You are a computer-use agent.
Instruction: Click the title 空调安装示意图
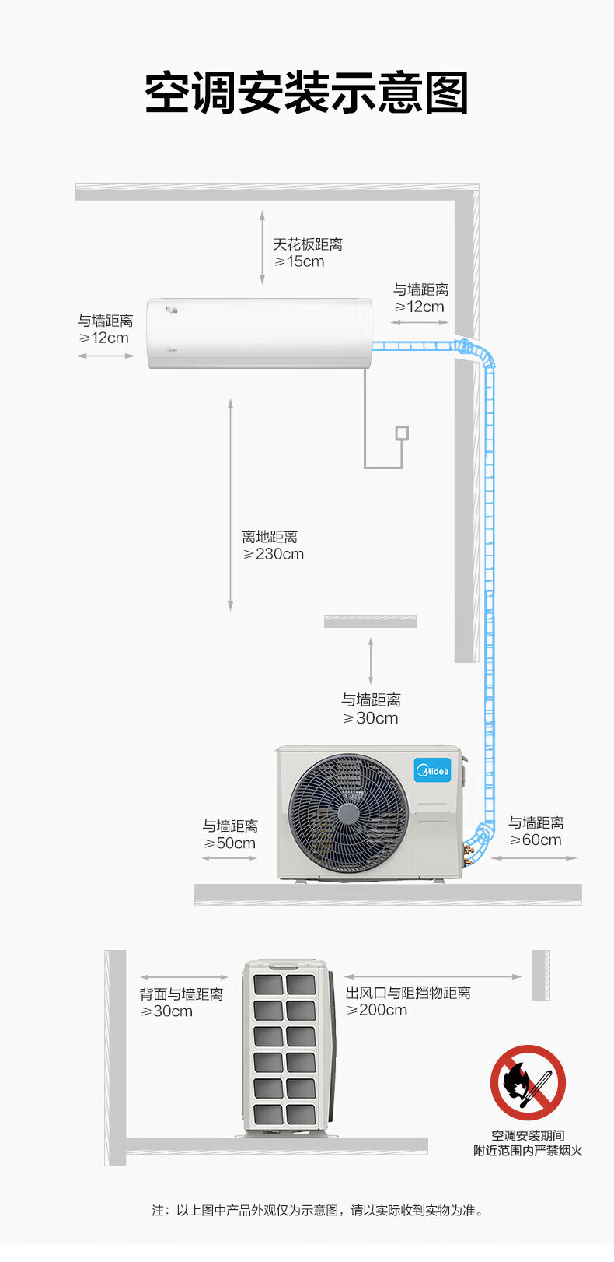307,93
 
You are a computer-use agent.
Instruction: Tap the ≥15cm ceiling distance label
299,261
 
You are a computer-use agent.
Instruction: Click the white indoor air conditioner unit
260,333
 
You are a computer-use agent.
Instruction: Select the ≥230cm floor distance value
274,554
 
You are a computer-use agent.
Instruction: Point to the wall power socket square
402,433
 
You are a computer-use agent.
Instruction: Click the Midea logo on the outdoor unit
432,770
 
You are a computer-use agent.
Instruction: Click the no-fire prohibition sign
527,1081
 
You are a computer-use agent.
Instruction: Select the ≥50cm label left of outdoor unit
229,843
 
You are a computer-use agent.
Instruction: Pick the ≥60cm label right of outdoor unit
536,840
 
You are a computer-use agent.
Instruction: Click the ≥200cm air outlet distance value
376,1010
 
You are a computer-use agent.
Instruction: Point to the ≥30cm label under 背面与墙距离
166,1011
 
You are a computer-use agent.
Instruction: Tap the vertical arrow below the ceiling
262,247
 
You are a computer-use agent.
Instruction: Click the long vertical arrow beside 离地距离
230,505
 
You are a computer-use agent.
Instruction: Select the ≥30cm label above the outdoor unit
370,718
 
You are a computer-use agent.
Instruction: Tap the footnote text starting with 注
317,1210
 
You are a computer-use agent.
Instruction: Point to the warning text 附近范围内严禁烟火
528,1151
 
